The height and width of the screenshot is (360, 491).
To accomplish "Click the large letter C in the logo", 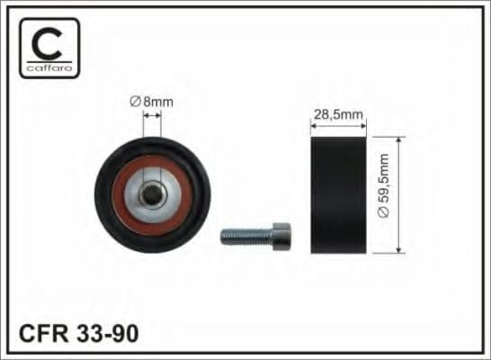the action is [47, 43].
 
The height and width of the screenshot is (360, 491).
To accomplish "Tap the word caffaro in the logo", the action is [49, 67].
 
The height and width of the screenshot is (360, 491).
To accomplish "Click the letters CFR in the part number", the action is [43, 333].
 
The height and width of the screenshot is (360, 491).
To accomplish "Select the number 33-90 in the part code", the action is [107, 333].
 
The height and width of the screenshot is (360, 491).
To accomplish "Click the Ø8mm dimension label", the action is [152, 102].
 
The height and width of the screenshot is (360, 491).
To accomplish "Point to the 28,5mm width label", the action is [338, 114].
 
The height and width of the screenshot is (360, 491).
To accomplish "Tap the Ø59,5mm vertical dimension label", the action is [383, 185].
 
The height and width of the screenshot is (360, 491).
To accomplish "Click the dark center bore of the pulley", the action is [152, 193].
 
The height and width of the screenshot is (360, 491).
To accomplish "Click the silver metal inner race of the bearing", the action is [131, 194].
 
